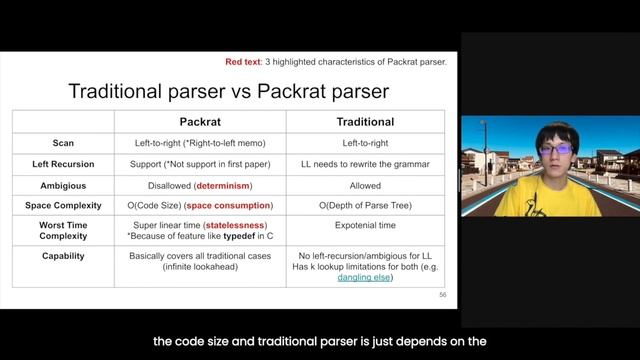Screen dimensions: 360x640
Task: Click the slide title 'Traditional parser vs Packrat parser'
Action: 229,92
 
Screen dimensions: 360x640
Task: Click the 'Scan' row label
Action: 62,143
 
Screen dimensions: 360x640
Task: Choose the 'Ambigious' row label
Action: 62,185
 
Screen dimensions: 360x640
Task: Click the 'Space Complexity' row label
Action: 62,206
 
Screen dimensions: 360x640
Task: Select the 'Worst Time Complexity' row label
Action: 62,232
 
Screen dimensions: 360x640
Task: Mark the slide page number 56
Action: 443,296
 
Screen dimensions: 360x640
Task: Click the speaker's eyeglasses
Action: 556,150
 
